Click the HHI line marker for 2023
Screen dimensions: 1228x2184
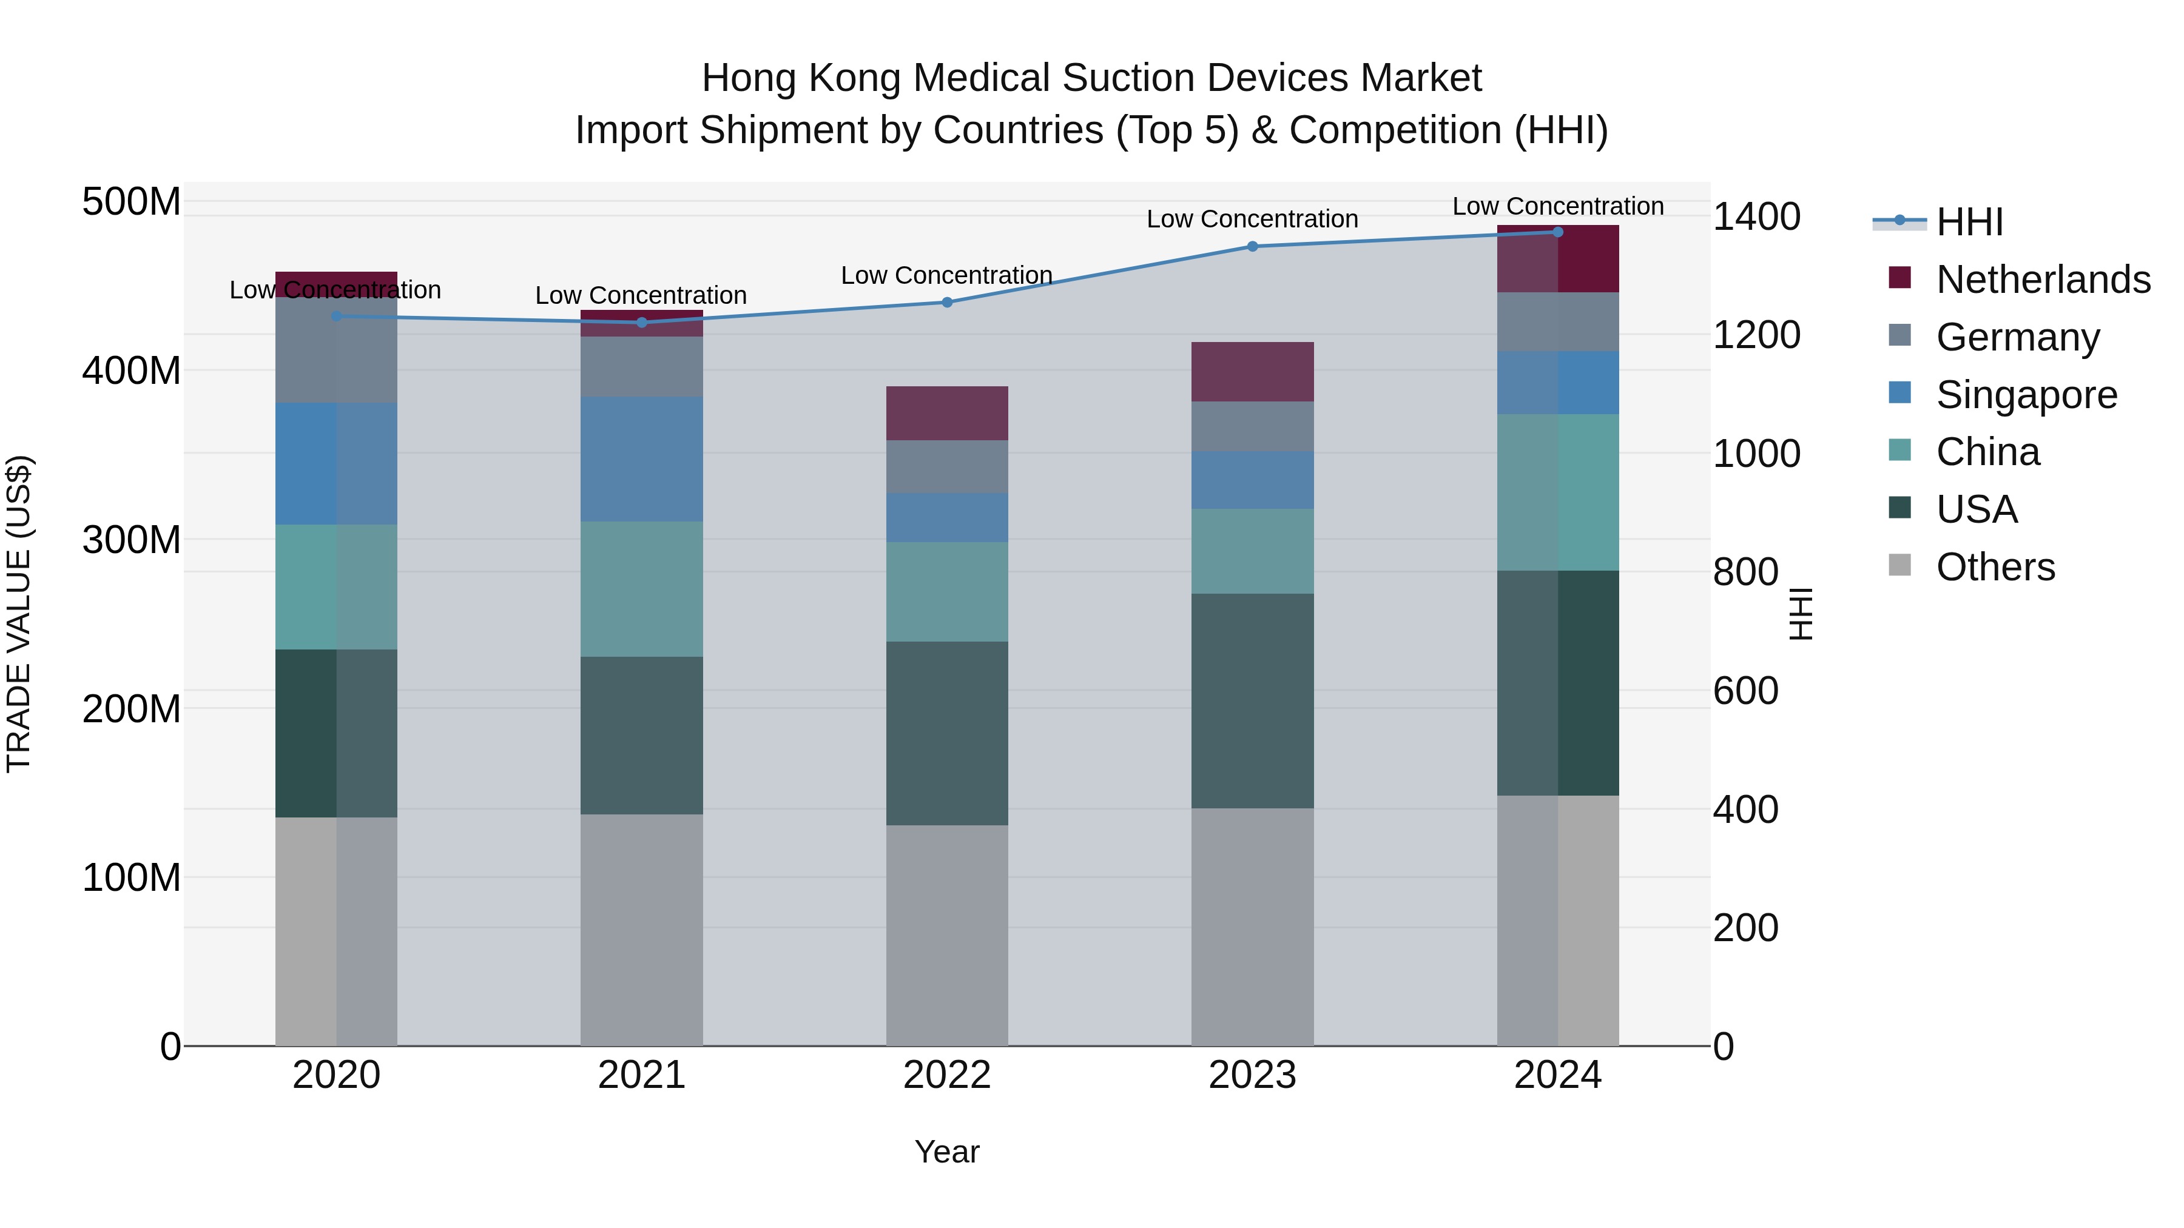[1252, 247]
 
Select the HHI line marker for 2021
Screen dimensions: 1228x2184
[642, 322]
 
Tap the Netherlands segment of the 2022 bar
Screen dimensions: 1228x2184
[947, 414]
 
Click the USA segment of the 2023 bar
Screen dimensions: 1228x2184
[1252, 701]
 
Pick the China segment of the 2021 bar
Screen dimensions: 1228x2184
[642, 589]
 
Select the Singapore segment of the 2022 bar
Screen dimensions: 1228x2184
[947, 518]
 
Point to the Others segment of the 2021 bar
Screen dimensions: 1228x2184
[642, 930]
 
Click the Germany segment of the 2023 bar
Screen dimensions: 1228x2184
[1252, 426]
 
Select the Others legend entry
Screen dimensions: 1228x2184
[1995, 567]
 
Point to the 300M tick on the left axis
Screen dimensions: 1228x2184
[132, 540]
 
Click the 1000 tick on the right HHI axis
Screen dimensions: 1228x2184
[1756, 454]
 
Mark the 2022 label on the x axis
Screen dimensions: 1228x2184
[947, 1075]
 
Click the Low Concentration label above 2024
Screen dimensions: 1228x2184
[1557, 206]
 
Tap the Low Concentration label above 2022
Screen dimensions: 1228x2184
[946, 275]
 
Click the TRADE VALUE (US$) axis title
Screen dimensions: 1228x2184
[19, 614]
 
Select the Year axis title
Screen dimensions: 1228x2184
[946, 1152]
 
